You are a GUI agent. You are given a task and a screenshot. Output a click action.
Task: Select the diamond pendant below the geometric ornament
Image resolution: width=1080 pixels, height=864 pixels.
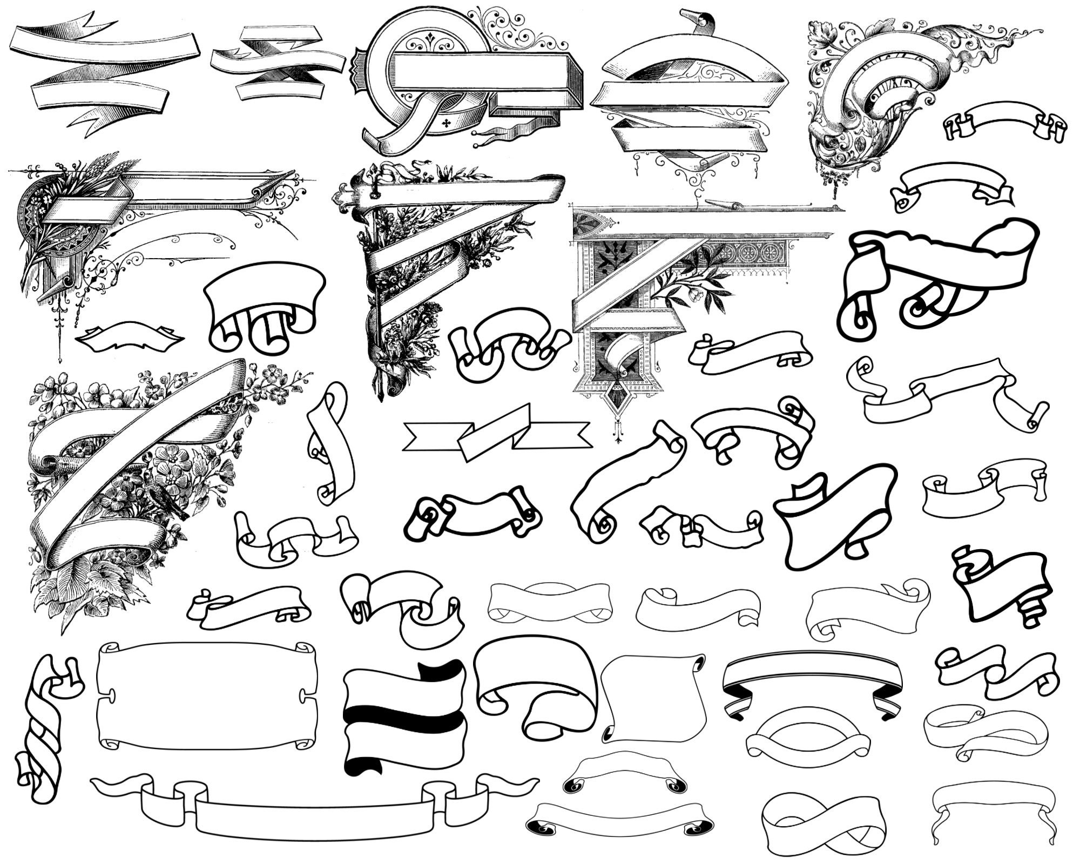[x=616, y=400]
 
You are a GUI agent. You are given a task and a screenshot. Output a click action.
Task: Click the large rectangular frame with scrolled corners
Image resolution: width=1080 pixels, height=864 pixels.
[x=206, y=696]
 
